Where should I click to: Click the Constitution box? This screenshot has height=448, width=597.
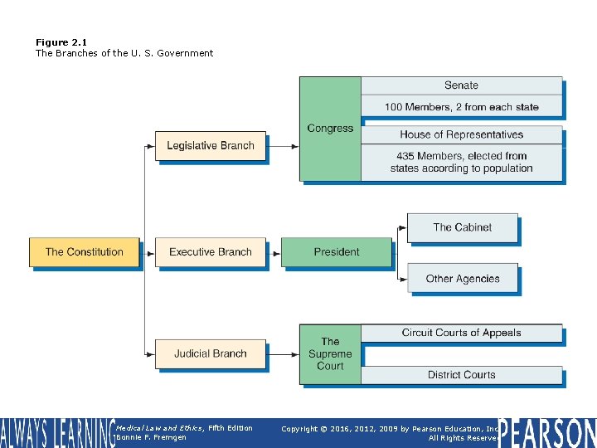tap(85, 252)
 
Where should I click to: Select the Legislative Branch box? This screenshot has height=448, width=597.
tap(211, 146)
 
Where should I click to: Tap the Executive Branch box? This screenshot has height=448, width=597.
tap(211, 252)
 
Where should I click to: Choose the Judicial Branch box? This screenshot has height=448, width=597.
tap(211, 353)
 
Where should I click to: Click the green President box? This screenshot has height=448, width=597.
tap(337, 252)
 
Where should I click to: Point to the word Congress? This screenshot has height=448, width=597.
tap(330, 129)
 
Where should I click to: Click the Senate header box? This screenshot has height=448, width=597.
tap(461, 85)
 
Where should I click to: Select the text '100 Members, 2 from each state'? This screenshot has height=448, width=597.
tap(461, 107)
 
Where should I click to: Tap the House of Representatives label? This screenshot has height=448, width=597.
tap(461, 134)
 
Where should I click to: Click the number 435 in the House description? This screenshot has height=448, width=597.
tap(405, 156)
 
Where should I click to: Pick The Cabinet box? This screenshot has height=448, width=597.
tap(462, 227)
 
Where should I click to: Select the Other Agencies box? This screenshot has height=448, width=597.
tap(462, 279)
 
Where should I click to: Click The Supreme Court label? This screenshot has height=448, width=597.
tap(330, 353)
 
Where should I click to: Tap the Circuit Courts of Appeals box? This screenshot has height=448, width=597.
tap(461, 333)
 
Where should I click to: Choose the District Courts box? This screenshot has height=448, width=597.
tap(461, 375)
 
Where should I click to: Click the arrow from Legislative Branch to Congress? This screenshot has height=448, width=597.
tap(284, 146)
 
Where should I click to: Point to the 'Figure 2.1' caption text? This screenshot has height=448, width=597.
tap(61, 42)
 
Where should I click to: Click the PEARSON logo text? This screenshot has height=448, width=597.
tap(547, 433)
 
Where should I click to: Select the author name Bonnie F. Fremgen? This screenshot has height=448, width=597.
tap(152, 438)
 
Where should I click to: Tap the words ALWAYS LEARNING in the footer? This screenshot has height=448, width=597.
tap(56, 433)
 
